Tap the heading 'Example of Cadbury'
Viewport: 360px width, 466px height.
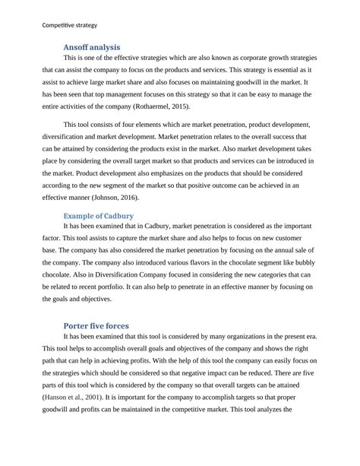[99, 216]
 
